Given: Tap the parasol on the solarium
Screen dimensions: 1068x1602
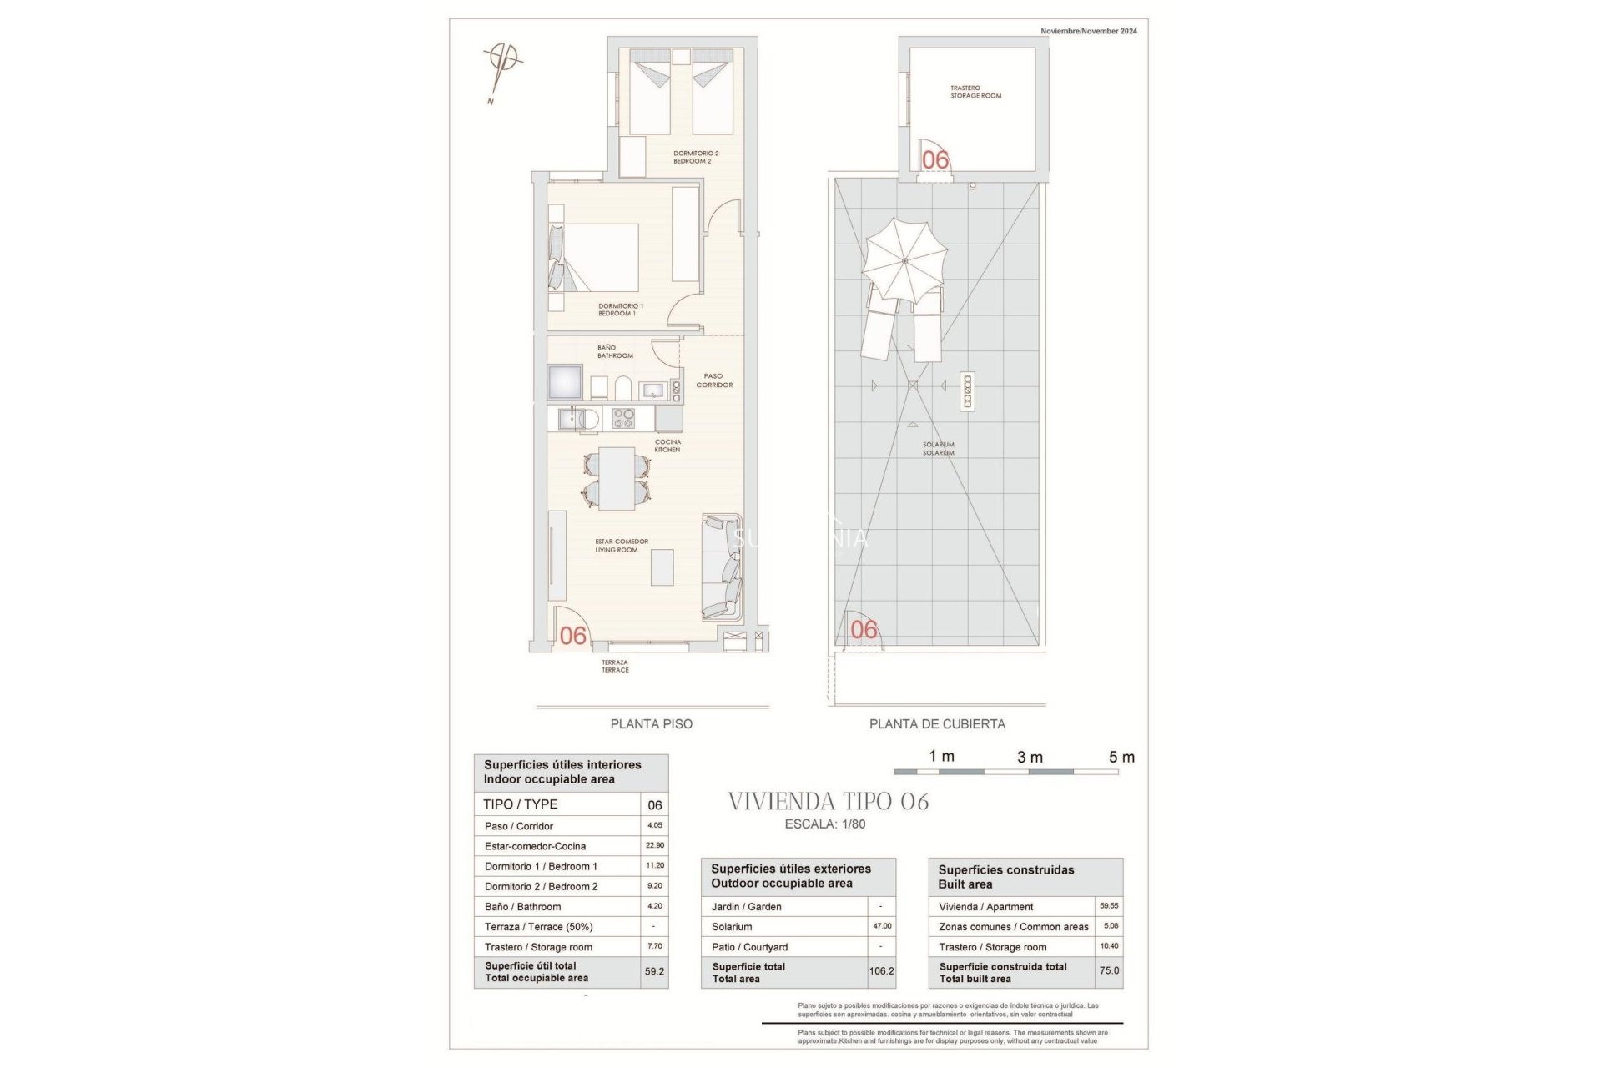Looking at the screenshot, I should click(905, 260).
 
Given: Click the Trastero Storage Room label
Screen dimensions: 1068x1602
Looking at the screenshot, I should click(975, 92).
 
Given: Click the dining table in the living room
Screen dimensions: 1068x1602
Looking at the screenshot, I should click(617, 479).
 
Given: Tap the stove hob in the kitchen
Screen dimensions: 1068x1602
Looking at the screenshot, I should click(623, 418).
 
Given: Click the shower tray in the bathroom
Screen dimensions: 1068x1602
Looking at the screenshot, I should click(565, 381).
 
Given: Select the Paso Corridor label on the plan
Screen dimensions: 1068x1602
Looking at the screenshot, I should click(714, 380).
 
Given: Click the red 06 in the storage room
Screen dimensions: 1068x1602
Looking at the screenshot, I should click(935, 159).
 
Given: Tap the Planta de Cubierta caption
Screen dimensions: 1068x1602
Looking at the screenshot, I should click(937, 724).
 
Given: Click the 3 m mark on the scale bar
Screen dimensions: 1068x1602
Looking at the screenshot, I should click(1030, 758).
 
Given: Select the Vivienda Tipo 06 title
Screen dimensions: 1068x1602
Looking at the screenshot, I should click(829, 802).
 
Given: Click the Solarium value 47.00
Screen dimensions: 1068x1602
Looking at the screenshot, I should click(882, 926).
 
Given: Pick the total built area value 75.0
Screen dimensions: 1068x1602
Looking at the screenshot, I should click(1109, 971).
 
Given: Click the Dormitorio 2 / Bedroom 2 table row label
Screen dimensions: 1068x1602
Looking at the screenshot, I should click(541, 887).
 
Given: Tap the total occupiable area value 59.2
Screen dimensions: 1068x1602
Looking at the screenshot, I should click(654, 972).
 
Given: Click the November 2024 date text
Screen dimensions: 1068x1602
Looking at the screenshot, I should click(1088, 31).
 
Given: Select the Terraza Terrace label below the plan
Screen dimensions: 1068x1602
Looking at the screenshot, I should click(615, 666).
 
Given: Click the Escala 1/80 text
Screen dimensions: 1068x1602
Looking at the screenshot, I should click(825, 824).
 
